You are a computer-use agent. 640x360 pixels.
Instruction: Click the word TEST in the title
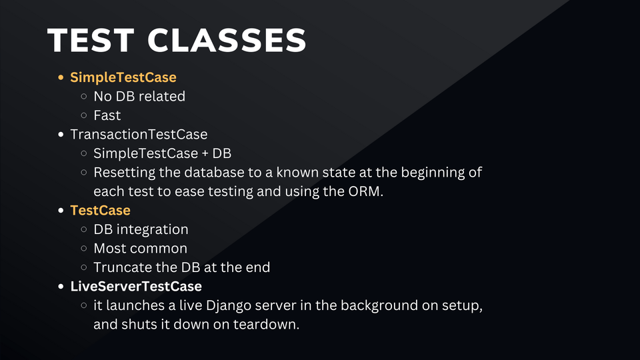click(x=91, y=40)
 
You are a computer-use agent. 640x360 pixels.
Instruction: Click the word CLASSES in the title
click(x=227, y=40)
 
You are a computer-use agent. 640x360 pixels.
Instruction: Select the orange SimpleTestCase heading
click(x=123, y=77)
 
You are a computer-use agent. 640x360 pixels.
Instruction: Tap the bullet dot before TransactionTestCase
click(x=61, y=134)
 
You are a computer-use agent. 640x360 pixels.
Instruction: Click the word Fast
click(x=107, y=115)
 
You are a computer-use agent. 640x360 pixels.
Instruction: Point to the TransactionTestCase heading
click(x=139, y=134)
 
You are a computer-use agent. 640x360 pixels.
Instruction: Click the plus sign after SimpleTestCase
click(x=205, y=154)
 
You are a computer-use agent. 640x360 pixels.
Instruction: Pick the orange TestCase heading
click(x=101, y=210)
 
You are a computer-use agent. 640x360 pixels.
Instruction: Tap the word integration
click(x=152, y=230)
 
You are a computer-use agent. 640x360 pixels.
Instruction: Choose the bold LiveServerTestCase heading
click(x=136, y=287)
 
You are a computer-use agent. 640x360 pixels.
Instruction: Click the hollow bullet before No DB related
click(x=84, y=96)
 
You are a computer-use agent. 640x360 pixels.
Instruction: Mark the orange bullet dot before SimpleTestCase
click(x=61, y=77)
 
